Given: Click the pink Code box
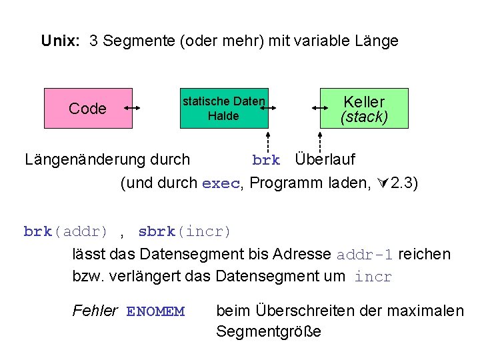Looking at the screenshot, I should tap(88, 108).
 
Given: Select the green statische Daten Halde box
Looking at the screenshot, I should tap(224, 108).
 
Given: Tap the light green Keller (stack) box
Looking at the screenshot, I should tap(363, 108).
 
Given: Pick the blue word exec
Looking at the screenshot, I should tap(220, 184).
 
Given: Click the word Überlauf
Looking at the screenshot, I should tap(325, 160).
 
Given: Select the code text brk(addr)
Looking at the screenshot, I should tap(65, 232).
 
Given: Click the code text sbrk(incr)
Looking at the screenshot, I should tap(185, 232).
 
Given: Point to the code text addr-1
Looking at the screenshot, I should tap(365, 255).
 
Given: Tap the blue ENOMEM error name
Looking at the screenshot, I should tap(155, 311).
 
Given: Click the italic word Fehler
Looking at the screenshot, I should tap(95, 311).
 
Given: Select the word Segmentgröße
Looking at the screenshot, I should tap(268, 331).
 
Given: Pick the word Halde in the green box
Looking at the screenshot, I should tap(223, 116).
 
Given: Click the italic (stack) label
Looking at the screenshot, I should tap(364, 117).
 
